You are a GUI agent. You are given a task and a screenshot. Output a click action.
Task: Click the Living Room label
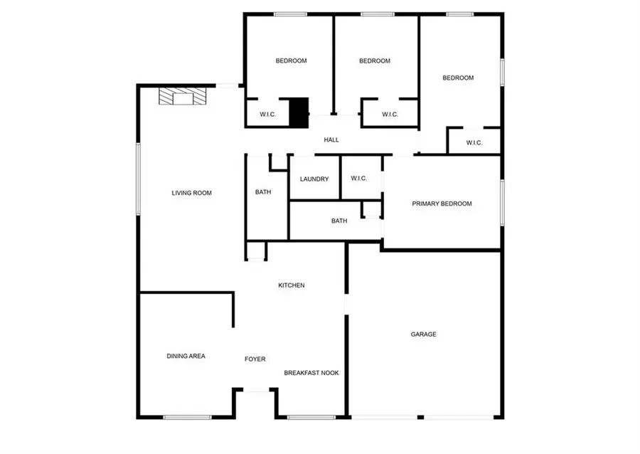click(x=191, y=193)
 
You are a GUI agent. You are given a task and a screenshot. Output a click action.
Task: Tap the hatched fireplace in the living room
click(x=183, y=96)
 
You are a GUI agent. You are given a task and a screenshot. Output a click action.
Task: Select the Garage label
click(x=423, y=334)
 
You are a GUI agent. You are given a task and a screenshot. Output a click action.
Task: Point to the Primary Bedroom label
click(x=442, y=204)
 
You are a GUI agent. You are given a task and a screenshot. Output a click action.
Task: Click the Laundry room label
click(x=314, y=179)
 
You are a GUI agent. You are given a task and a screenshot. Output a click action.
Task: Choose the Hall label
click(x=331, y=140)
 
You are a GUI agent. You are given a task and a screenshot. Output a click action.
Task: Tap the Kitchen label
click(x=291, y=285)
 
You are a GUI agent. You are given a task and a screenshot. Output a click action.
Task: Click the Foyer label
click(x=255, y=359)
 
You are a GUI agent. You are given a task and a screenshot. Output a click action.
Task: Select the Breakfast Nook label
click(x=311, y=373)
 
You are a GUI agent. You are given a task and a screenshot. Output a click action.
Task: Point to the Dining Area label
click(x=186, y=356)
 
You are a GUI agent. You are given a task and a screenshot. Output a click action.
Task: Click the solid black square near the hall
click(x=299, y=112)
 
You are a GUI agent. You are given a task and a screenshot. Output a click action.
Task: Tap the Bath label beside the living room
click(x=263, y=192)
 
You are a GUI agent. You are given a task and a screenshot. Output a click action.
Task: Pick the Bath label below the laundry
click(x=339, y=221)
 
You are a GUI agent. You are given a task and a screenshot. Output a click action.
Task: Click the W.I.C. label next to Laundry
click(x=358, y=178)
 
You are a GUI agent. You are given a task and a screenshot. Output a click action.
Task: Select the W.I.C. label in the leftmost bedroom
click(x=267, y=114)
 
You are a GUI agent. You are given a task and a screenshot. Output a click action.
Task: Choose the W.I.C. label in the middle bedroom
click(x=390, y=114)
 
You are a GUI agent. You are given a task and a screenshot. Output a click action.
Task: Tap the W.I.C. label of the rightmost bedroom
click(x=474, y=143)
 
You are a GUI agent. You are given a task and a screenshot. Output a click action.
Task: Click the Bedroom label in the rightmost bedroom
click(x=458, y=78)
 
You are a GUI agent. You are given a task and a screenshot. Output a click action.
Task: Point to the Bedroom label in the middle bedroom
click(x=375, y=61)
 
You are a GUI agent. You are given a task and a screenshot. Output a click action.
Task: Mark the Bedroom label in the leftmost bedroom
click(x=291, y=61)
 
